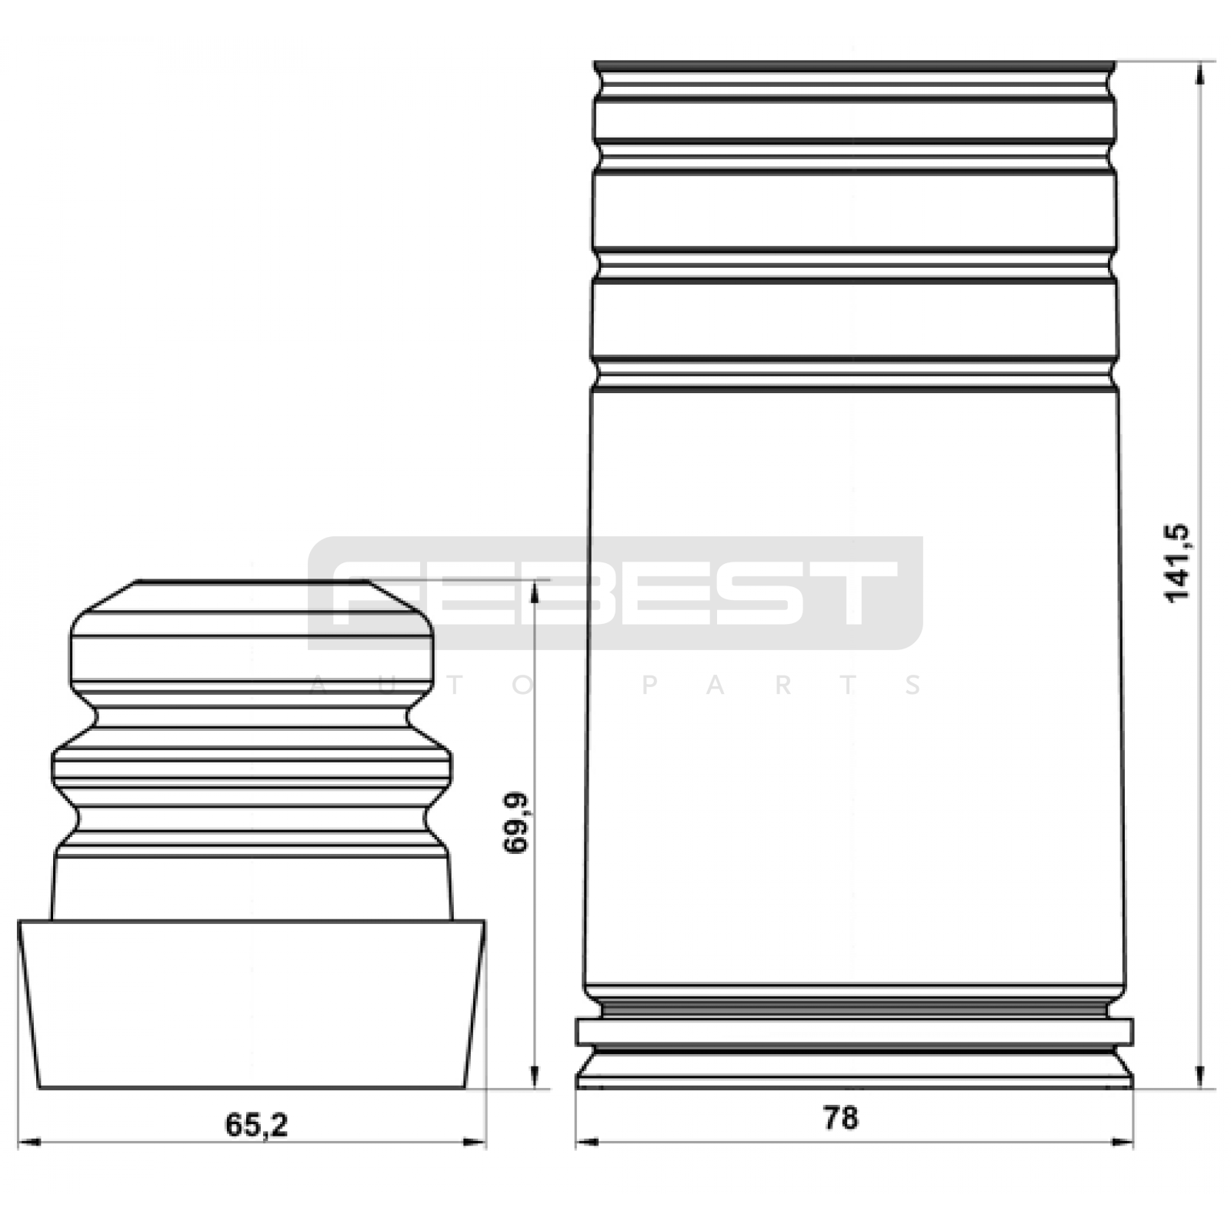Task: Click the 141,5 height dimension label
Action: (1177, 563)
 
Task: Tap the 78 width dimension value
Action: (840, 1118)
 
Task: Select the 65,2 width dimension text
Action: (256, 1125)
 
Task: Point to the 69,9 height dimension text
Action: (516, 822)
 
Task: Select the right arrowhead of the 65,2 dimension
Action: (475, 1143)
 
